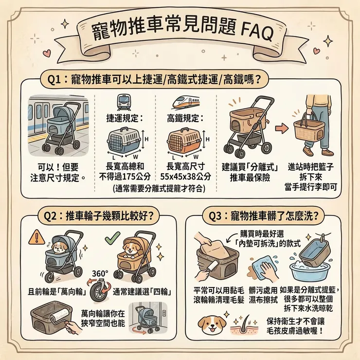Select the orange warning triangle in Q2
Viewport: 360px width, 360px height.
[x=34, y=239]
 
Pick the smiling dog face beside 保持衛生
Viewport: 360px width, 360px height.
[x=213, y=324]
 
